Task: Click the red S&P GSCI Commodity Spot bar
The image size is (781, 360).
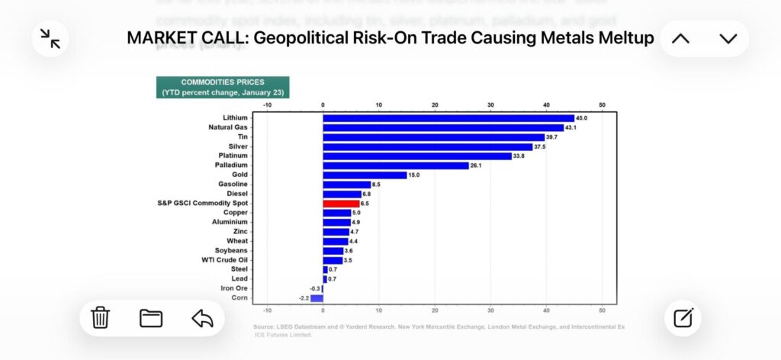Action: tap(341, 204)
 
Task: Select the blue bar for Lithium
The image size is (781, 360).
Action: tap(448, 118)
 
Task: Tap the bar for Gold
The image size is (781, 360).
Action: tap(365, 175)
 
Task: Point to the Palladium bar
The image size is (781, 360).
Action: tap(396, 166)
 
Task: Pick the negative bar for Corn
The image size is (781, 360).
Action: tap(317, 298)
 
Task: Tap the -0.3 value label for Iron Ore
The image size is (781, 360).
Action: tap(314, 288)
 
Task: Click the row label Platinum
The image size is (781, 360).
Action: tap(233, 156)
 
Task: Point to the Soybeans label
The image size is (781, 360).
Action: tap(231, 250)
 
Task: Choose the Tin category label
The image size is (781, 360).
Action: tap(242, 137)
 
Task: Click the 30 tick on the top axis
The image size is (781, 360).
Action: tap(490, 104)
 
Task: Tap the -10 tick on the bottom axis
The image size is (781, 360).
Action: tap(267, 310)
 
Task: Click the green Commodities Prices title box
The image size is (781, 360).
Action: tap(223, 87)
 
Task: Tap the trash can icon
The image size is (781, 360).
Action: tap(101, 318)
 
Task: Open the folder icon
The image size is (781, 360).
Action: tap(151, 318)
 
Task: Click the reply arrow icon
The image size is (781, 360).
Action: tap(202, 318)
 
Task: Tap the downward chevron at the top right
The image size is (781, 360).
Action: tap(728, 38)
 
